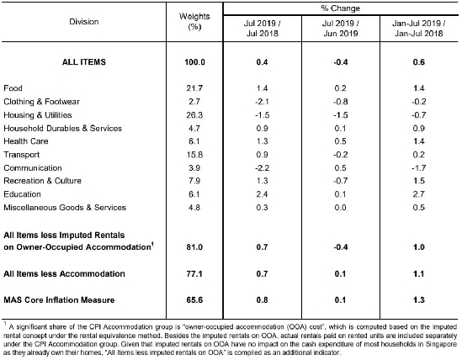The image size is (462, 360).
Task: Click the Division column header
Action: point(84,22)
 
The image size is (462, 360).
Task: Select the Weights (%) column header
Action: point(194,22)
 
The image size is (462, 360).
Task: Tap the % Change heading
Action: point(340,8)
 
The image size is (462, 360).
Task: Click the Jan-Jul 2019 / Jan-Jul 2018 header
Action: point(419,29)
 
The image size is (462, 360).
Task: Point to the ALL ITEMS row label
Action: point(84,62)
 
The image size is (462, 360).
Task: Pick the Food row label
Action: point(13,88)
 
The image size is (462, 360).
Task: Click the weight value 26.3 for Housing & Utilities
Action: point(194,115)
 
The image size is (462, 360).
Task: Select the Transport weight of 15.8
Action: point(194,155)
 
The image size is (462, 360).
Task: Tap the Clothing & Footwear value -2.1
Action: point(262,102)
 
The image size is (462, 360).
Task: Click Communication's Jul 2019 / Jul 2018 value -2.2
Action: point(262,168)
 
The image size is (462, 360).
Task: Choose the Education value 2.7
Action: point(419,194)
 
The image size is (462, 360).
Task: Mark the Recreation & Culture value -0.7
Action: point(340,181)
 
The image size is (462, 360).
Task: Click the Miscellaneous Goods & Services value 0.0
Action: point(340,208)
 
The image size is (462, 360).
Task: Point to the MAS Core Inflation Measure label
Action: point(59,300)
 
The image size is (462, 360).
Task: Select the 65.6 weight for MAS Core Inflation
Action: point(194,300)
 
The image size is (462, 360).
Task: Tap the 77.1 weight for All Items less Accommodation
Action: point(194,274)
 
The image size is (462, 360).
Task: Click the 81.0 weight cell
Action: point(194,247)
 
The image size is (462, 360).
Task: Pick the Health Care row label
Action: point(26,141)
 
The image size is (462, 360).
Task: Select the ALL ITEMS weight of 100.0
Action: point(194,62)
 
